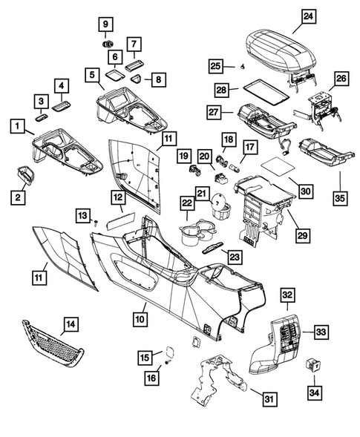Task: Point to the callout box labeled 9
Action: tap(105, 24)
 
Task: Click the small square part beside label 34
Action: tap(315, 364)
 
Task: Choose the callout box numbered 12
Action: tap(117, 197)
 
